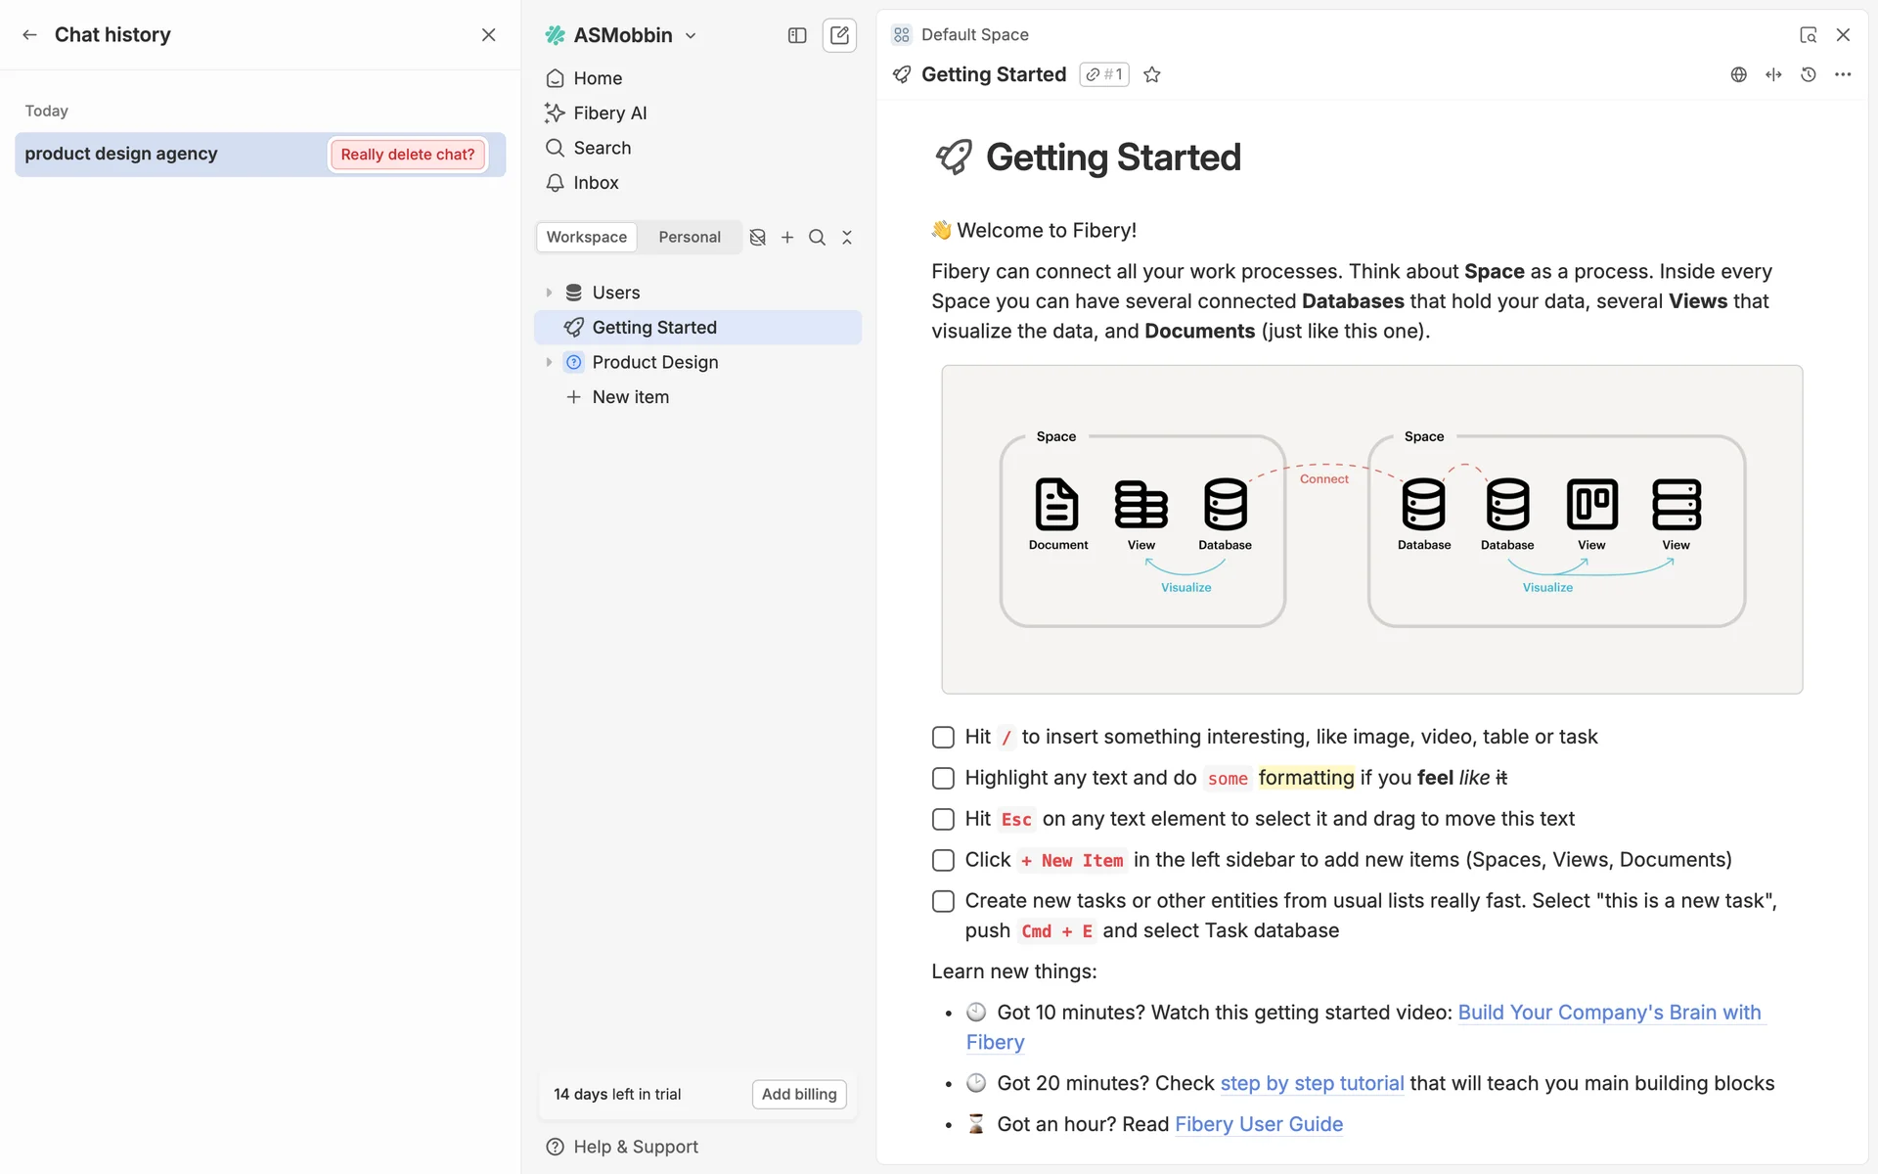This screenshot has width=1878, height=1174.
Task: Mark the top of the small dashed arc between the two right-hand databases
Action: pyautogui.click(x=1465, y=464)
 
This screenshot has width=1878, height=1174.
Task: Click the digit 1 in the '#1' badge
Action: pyautogui.click(x=1118, y=74)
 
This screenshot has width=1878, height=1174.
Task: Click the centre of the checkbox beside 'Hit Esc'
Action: pyautogui.click(x=943, y=819)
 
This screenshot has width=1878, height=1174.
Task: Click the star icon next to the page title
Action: pyautogui.click(x=1152, y=74)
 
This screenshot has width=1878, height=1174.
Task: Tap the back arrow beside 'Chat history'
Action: pyautogui.click(x=30, y=35)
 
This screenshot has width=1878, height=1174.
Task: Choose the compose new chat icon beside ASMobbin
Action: pyautogui.click(x=839, y=35)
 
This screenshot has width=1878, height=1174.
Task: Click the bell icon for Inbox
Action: pyautogui.click(x=555, y=183)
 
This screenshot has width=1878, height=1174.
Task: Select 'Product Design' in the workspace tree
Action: pyautogui.click(x=655, y=362)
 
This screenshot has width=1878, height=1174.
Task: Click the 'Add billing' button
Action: pyautogui.click(x=799, y=1094)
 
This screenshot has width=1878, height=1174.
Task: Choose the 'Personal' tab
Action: pyautogui.click(x=690, y=237)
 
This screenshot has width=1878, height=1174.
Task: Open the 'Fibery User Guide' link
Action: pyautogui.click(x=1259, y=1124)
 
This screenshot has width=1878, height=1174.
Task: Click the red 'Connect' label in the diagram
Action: pyautogui.click(x=1324, y=478)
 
